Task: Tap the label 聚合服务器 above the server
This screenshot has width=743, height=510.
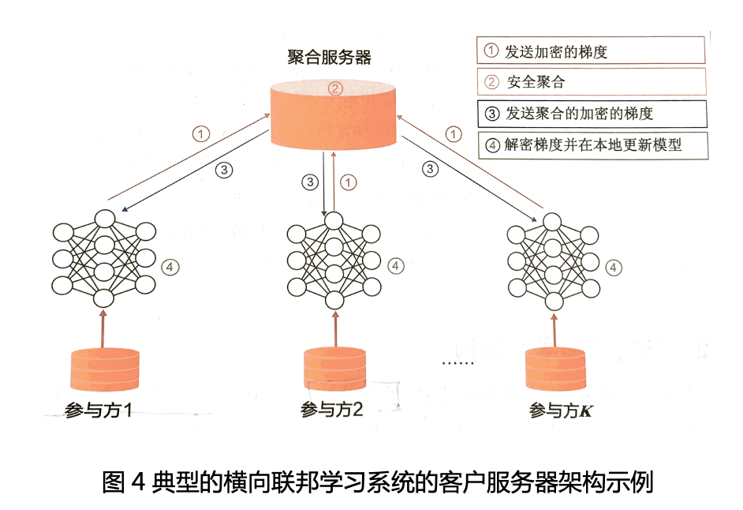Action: [329, 57]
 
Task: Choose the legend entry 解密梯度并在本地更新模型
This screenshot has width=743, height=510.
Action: [592, 144]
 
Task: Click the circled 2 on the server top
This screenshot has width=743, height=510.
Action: [334, 88]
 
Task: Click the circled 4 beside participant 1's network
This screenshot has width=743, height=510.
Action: [171, 267]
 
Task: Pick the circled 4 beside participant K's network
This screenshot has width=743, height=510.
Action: [613, 267]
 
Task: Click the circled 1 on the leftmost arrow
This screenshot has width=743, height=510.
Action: [203, 133]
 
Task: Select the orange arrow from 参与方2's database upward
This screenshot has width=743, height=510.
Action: [336, 328]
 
